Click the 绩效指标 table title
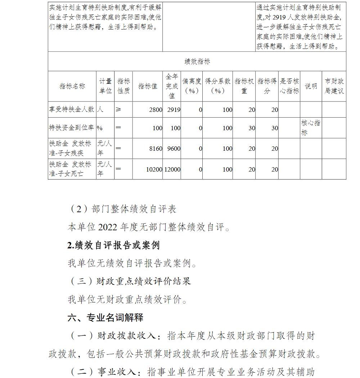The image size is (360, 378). pos(197,62)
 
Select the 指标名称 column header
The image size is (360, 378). pos(72,86)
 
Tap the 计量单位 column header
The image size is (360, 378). pos(105,86)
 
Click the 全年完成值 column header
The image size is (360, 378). pos(172,86)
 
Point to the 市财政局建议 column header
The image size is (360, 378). pos(334,86)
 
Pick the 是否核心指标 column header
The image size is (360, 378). pos(289,86)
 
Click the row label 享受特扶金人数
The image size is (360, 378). pos(72,109)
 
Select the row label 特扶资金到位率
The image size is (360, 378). pos(72,128)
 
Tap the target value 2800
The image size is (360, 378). pos(156,110)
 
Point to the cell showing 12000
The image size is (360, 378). pos(172,169)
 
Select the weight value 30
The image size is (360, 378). pos(252,128)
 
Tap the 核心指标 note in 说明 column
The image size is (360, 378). pos(311,128)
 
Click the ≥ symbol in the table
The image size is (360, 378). pos(118,110)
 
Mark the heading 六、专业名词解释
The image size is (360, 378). pos(105,318)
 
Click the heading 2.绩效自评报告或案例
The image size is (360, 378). pos(113,245)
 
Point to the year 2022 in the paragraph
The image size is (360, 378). pos(108,227)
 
